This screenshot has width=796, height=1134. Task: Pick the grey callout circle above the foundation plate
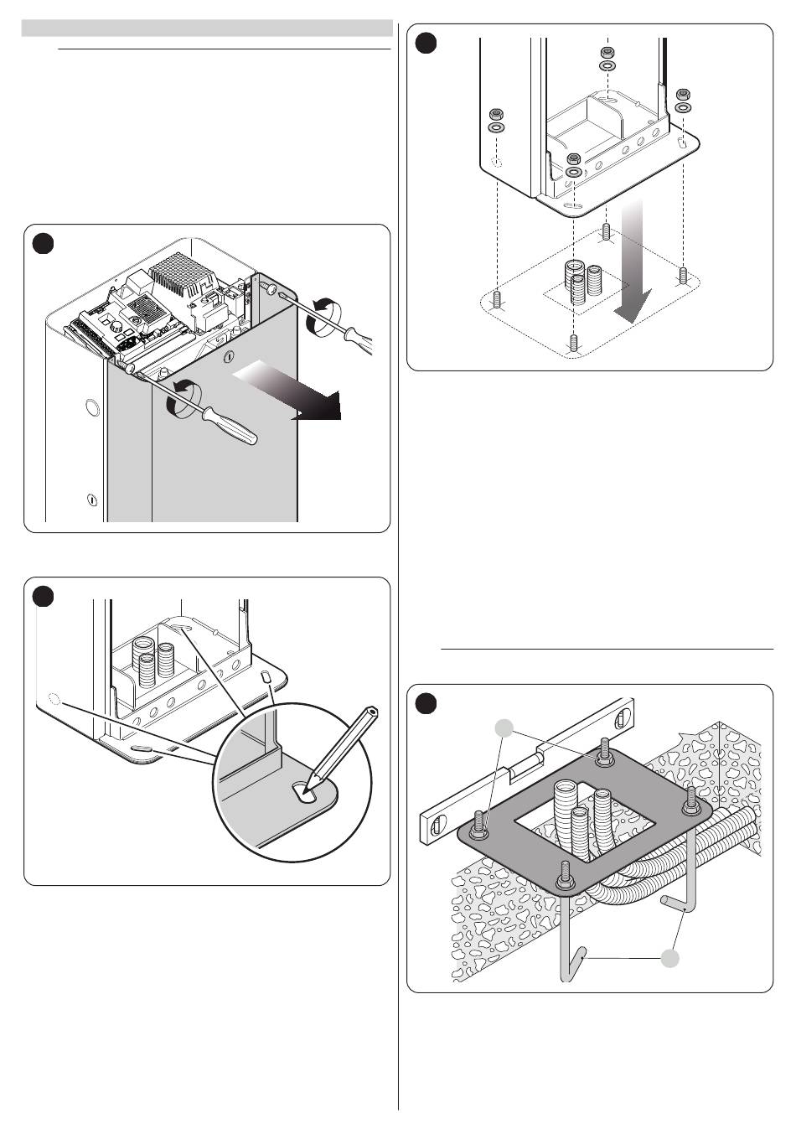click(504, 728)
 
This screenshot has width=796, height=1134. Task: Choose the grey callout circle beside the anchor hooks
click(669, 958)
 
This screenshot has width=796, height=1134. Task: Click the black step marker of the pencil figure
click(44, 596)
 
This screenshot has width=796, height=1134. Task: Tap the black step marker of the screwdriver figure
click(44, 243)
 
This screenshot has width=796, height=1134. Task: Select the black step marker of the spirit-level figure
click(426, 703)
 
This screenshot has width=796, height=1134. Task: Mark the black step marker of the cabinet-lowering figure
click(426, 43)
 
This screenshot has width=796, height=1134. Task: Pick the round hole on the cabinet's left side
click(90, 409)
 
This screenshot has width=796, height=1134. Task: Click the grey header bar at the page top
click(207, 28)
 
